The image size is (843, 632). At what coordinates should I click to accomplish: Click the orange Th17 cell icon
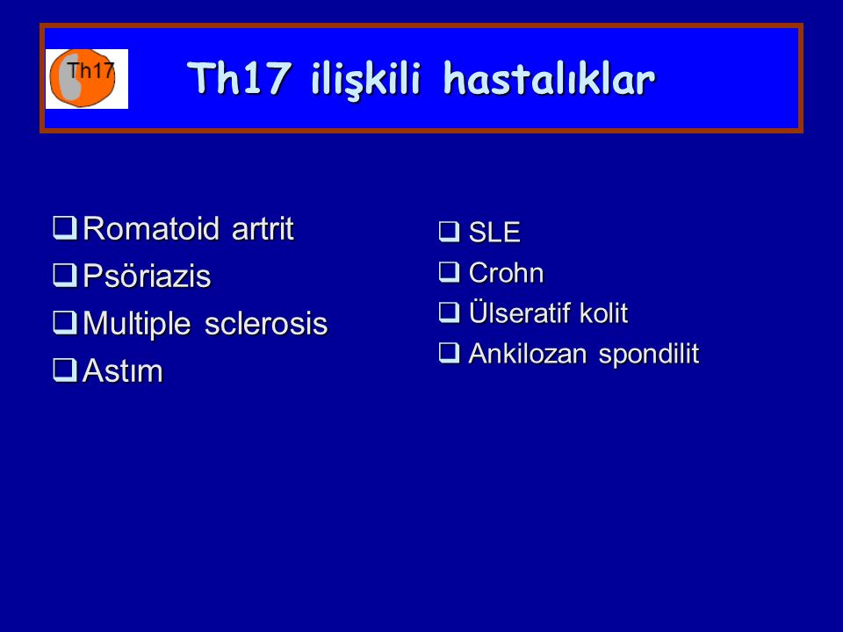83,78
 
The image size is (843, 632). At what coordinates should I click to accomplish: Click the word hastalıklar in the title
550,79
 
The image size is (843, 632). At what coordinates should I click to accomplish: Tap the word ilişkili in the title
365,80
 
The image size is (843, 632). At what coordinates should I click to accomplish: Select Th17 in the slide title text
239,78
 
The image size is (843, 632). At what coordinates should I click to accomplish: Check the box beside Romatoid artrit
65,228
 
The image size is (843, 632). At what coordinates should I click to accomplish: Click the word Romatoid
151,228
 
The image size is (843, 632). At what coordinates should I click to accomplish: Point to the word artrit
263,228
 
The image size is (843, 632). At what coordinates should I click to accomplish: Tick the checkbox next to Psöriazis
65,275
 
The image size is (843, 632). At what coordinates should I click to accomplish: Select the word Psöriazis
147,276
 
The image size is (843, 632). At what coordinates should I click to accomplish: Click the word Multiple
137,324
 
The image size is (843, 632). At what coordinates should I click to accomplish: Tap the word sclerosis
266,324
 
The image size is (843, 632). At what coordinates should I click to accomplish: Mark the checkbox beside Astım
65,370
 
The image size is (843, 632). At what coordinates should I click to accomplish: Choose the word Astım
123,370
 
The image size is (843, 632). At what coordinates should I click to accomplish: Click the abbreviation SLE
494,232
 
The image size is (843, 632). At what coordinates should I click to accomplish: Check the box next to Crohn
450,272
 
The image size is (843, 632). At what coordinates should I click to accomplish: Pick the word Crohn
506,272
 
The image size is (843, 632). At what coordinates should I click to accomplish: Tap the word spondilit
649,355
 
